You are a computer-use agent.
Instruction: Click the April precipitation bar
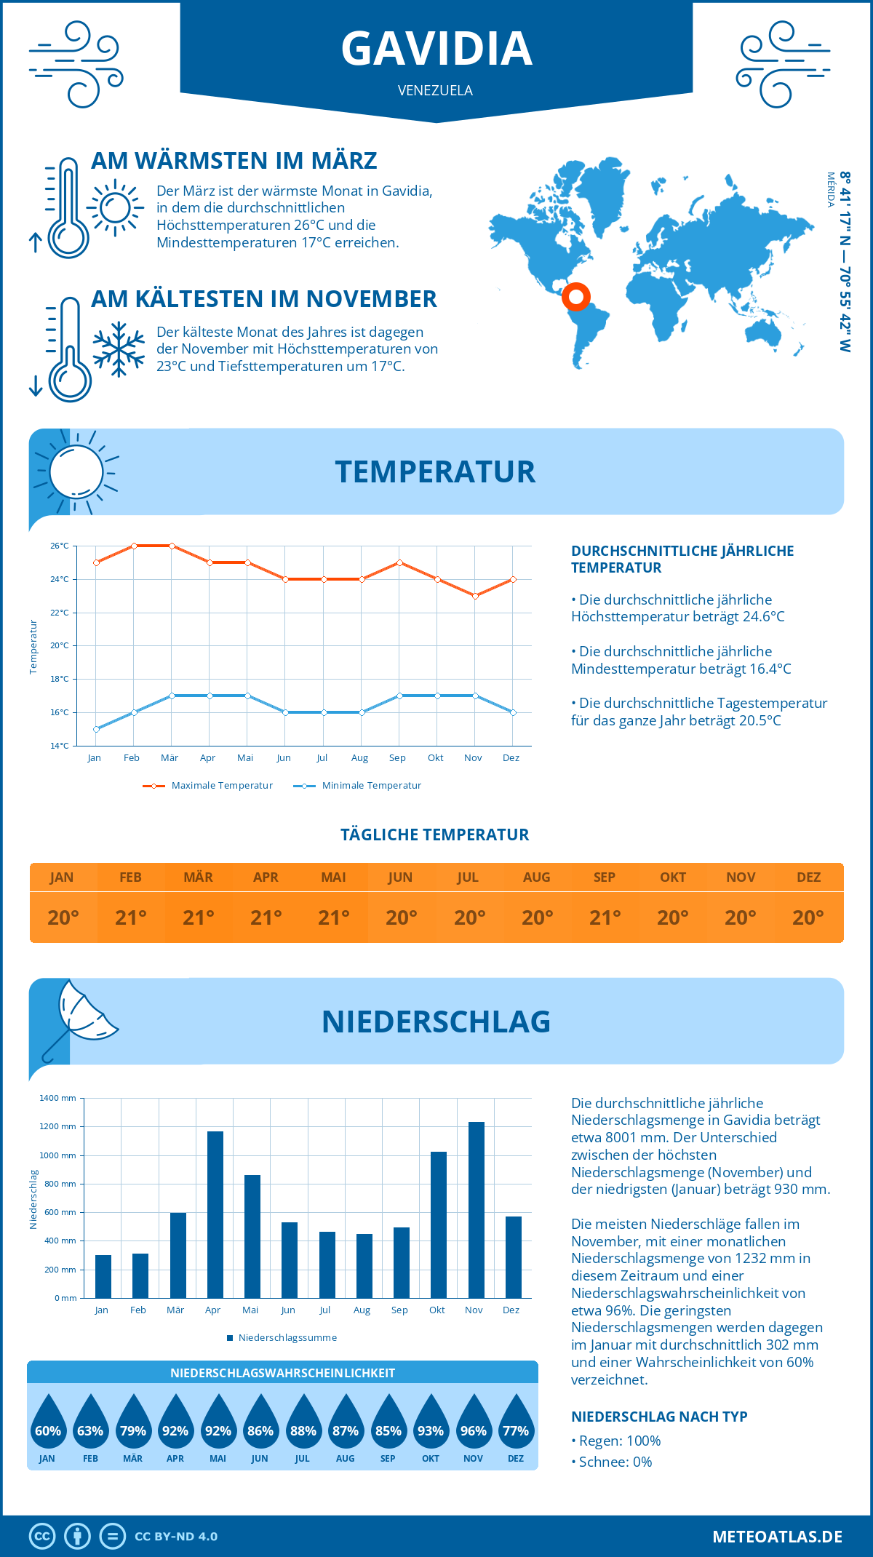coord(215,1214)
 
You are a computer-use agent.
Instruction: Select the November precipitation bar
coord(477,1209)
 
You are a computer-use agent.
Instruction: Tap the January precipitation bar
coord(103,1276)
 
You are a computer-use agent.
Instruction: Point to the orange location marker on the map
coord(575,296)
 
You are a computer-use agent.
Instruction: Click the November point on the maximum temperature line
coord(475,596)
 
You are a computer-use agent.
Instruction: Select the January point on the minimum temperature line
coord(96,729)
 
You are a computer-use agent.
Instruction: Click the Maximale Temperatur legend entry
coord(208,786)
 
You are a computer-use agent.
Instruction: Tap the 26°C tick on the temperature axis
coord(60,546)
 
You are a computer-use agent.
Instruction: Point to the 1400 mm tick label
coord(57,1098)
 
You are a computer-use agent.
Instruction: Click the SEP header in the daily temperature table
coord(605,877)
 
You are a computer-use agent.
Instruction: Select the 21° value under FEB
coord(131,917)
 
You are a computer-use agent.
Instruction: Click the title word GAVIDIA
coord(436,49)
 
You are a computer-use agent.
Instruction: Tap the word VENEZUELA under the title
coord(435,90)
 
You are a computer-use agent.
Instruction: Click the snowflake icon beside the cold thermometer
coord(119,349)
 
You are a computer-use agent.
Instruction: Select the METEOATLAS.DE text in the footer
coord(777,1537)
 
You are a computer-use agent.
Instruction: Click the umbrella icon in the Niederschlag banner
coord(80,1019)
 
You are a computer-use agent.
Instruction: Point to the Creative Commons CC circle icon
coord(42,1537)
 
